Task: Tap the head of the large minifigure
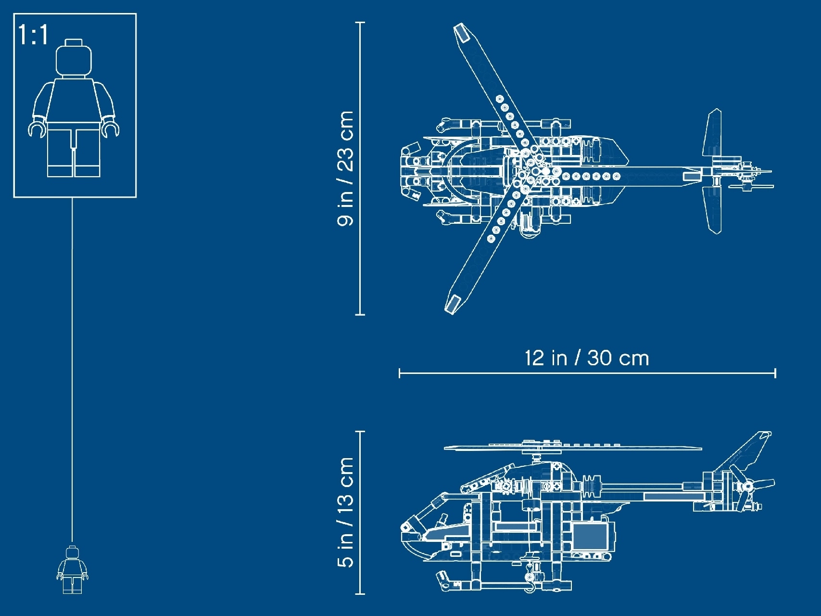pos(74,60)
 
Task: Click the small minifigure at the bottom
pos(73,570)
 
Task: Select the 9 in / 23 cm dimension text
pos(346,168)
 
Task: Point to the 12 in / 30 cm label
pos(587,358)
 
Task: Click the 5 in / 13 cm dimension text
pos(346,513)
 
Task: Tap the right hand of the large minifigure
pos(111,129)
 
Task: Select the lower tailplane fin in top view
pos(713,209)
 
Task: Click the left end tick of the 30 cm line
pos(400,373)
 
